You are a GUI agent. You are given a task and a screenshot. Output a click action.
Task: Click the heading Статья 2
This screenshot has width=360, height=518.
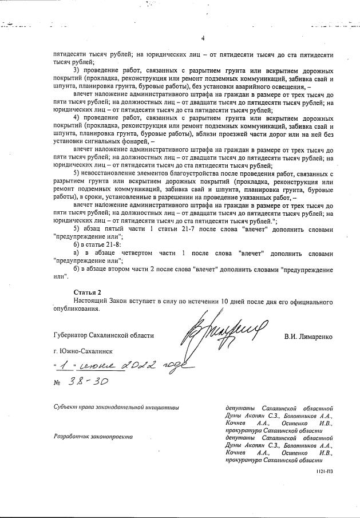[x=86, y=292]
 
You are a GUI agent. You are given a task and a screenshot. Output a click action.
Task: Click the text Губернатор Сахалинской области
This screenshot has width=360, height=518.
[x=93, y=337]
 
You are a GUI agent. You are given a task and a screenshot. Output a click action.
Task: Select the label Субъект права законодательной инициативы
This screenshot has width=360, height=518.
[x=114, y=408]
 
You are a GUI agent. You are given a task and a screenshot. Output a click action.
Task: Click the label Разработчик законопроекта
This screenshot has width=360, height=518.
[x=92, y=437]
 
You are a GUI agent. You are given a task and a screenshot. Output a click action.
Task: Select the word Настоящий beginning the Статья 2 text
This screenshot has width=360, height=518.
[x=89, y=300]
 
